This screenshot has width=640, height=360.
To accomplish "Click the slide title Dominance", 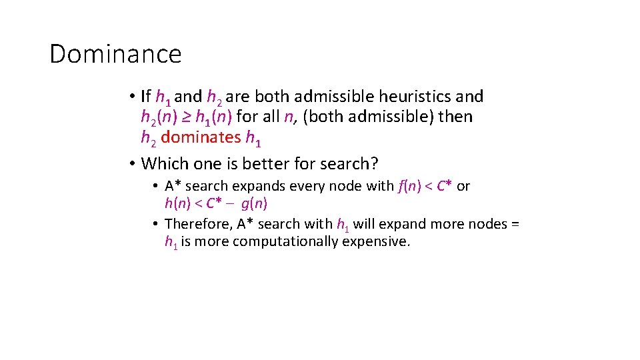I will [x=115, y=54].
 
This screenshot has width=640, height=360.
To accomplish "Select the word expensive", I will [x=376, y=241].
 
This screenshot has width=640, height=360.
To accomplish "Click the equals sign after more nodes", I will [x=515, y=224].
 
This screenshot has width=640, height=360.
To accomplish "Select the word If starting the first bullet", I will [x=146, y=97].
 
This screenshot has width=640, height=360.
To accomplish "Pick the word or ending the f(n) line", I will [x=463, y=187].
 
